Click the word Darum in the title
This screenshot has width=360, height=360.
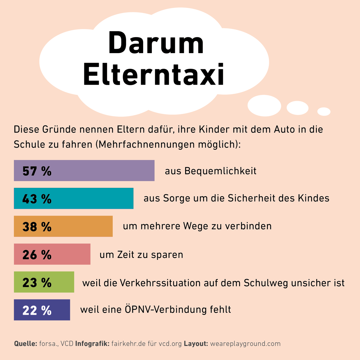[x=156, y=43]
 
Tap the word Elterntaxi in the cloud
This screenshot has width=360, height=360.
[x=154, y=74]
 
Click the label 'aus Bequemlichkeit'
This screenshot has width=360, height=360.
[x=211, y=171]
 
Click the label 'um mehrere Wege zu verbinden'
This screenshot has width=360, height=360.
[x=197, y=226]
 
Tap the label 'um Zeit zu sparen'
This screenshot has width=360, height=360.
[x=141, y=255]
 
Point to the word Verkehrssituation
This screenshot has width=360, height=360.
[x=160, y=283]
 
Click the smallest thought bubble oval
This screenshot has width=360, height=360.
[x=324, y=111]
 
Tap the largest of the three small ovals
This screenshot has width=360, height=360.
[x=264, y=106]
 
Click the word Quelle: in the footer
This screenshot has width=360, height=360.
[x=25, y=344]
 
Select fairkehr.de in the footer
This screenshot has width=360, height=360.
[x=128, y=344]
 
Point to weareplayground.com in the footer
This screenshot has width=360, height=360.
[x=245, y=344]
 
